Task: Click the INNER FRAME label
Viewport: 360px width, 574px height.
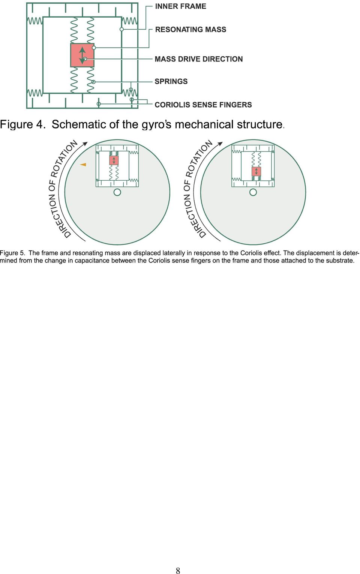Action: tap(180, 6)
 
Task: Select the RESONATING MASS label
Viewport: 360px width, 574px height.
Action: tap(190, 30)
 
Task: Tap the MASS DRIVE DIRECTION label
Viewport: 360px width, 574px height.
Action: tap(199, 59)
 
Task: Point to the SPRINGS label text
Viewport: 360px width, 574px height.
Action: tap(171, 81)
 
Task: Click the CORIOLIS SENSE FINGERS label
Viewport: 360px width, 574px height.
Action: tap(203, 105)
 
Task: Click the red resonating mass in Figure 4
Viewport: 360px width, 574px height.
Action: tap(82, 55)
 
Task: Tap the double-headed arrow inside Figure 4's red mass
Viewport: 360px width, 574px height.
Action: tap(82, 55)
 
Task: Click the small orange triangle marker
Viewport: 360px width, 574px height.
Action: tap(83, 165)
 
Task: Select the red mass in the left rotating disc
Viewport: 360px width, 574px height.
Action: tap(114, 160)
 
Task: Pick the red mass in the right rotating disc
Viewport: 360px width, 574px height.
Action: tap(256, 171)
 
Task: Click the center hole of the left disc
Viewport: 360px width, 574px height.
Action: tap(117, 192)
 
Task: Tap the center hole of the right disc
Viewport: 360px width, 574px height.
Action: tap(253, 192)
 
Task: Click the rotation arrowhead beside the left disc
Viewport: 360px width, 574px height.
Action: tap(85, 144)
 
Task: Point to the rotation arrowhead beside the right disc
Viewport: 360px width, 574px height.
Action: tap(220, 144)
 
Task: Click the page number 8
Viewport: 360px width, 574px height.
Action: tap(178, 571)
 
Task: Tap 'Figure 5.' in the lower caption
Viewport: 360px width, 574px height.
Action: tap(12, 253)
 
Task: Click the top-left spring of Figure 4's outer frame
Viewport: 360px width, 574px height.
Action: tap(35, 21)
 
